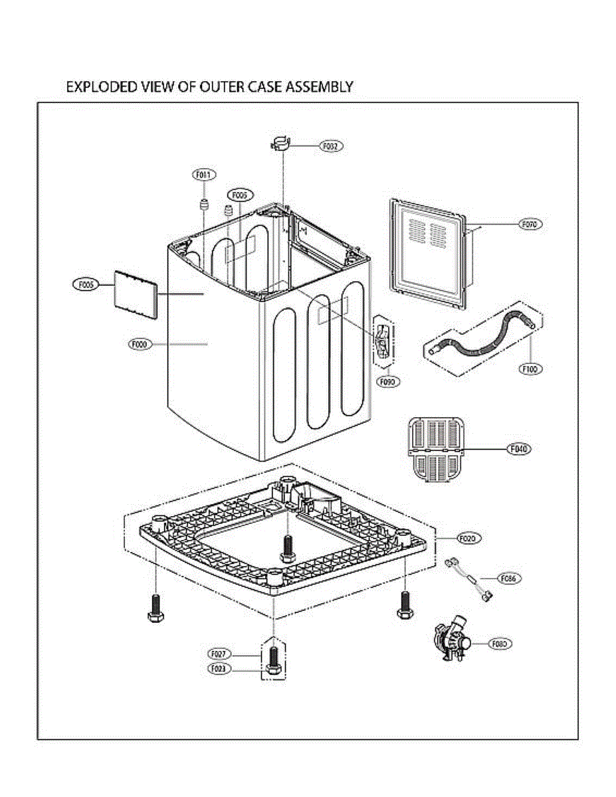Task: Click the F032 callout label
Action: coord(330,145)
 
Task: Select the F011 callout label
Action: coord(203,175)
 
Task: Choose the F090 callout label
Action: coord(387,382)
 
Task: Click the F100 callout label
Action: coord(530,369)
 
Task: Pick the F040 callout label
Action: coord(520,450)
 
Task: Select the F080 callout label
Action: coord(501,644)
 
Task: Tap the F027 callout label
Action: coord(219,654)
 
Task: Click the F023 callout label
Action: coord(219,669)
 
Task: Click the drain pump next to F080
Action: coord(451,640)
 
